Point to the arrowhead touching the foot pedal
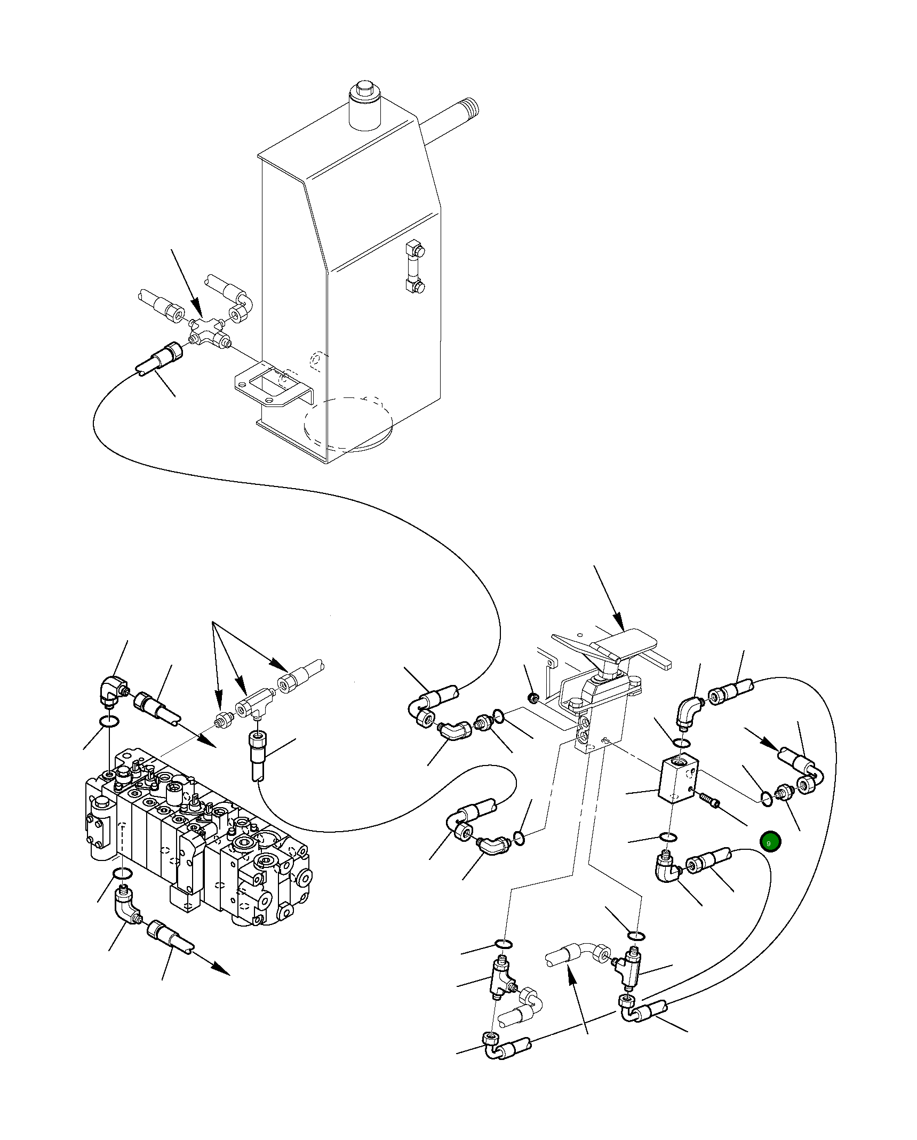[619, 623]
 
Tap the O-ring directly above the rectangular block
[681, 743]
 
